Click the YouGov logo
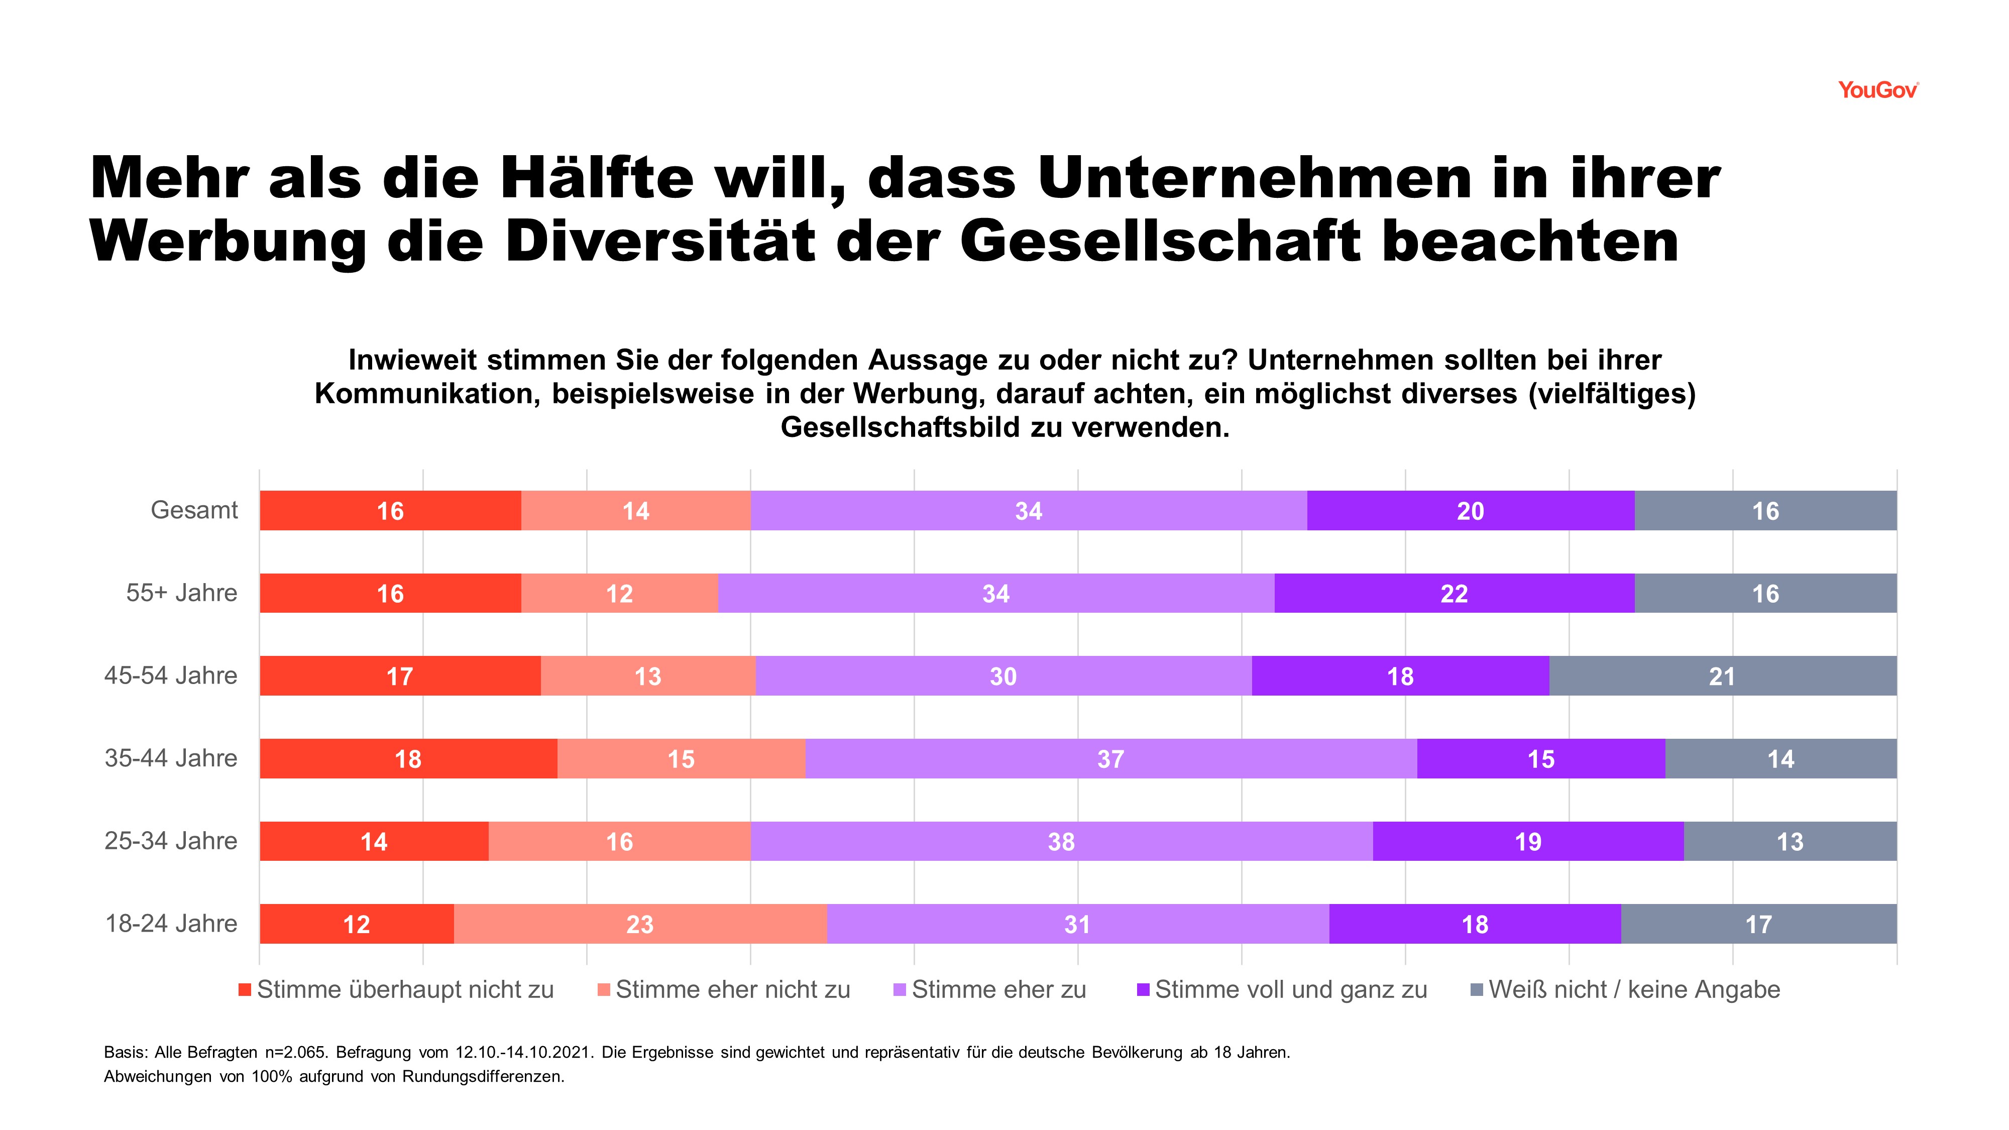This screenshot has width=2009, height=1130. (1877, 90)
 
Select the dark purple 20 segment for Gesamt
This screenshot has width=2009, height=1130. (1470, 511)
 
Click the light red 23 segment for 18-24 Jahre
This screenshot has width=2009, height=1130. (639, 924)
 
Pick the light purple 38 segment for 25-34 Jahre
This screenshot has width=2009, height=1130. (1061, 841)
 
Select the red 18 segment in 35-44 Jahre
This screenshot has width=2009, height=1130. (408, 759)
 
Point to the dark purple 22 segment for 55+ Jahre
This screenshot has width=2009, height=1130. (1454, 594)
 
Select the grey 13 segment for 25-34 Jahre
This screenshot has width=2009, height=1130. (1790, 841)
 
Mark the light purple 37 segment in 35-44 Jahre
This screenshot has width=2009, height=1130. (1110, 759)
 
